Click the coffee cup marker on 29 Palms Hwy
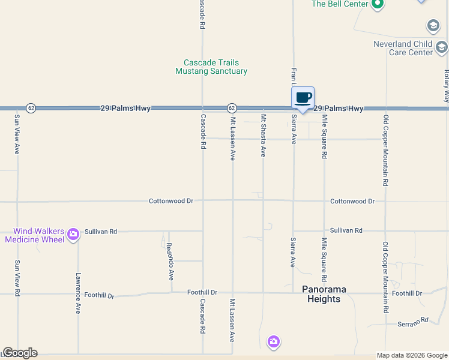point(303,98)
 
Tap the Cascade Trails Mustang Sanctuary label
point(211,67)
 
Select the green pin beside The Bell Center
point(377,5)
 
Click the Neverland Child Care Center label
point(403,48)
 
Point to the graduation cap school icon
point(433,26)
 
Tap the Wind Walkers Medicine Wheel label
point(34,235)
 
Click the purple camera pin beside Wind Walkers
point(73,235)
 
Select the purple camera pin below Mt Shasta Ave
point(274,341)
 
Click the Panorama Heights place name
point(324,294)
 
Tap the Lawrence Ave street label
point(78,294)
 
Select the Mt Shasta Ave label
point(263,136)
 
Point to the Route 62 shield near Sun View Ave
point(31,108)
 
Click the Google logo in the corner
point(20,353)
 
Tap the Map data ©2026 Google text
point(411,355)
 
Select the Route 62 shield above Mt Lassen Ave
point(232,108)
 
